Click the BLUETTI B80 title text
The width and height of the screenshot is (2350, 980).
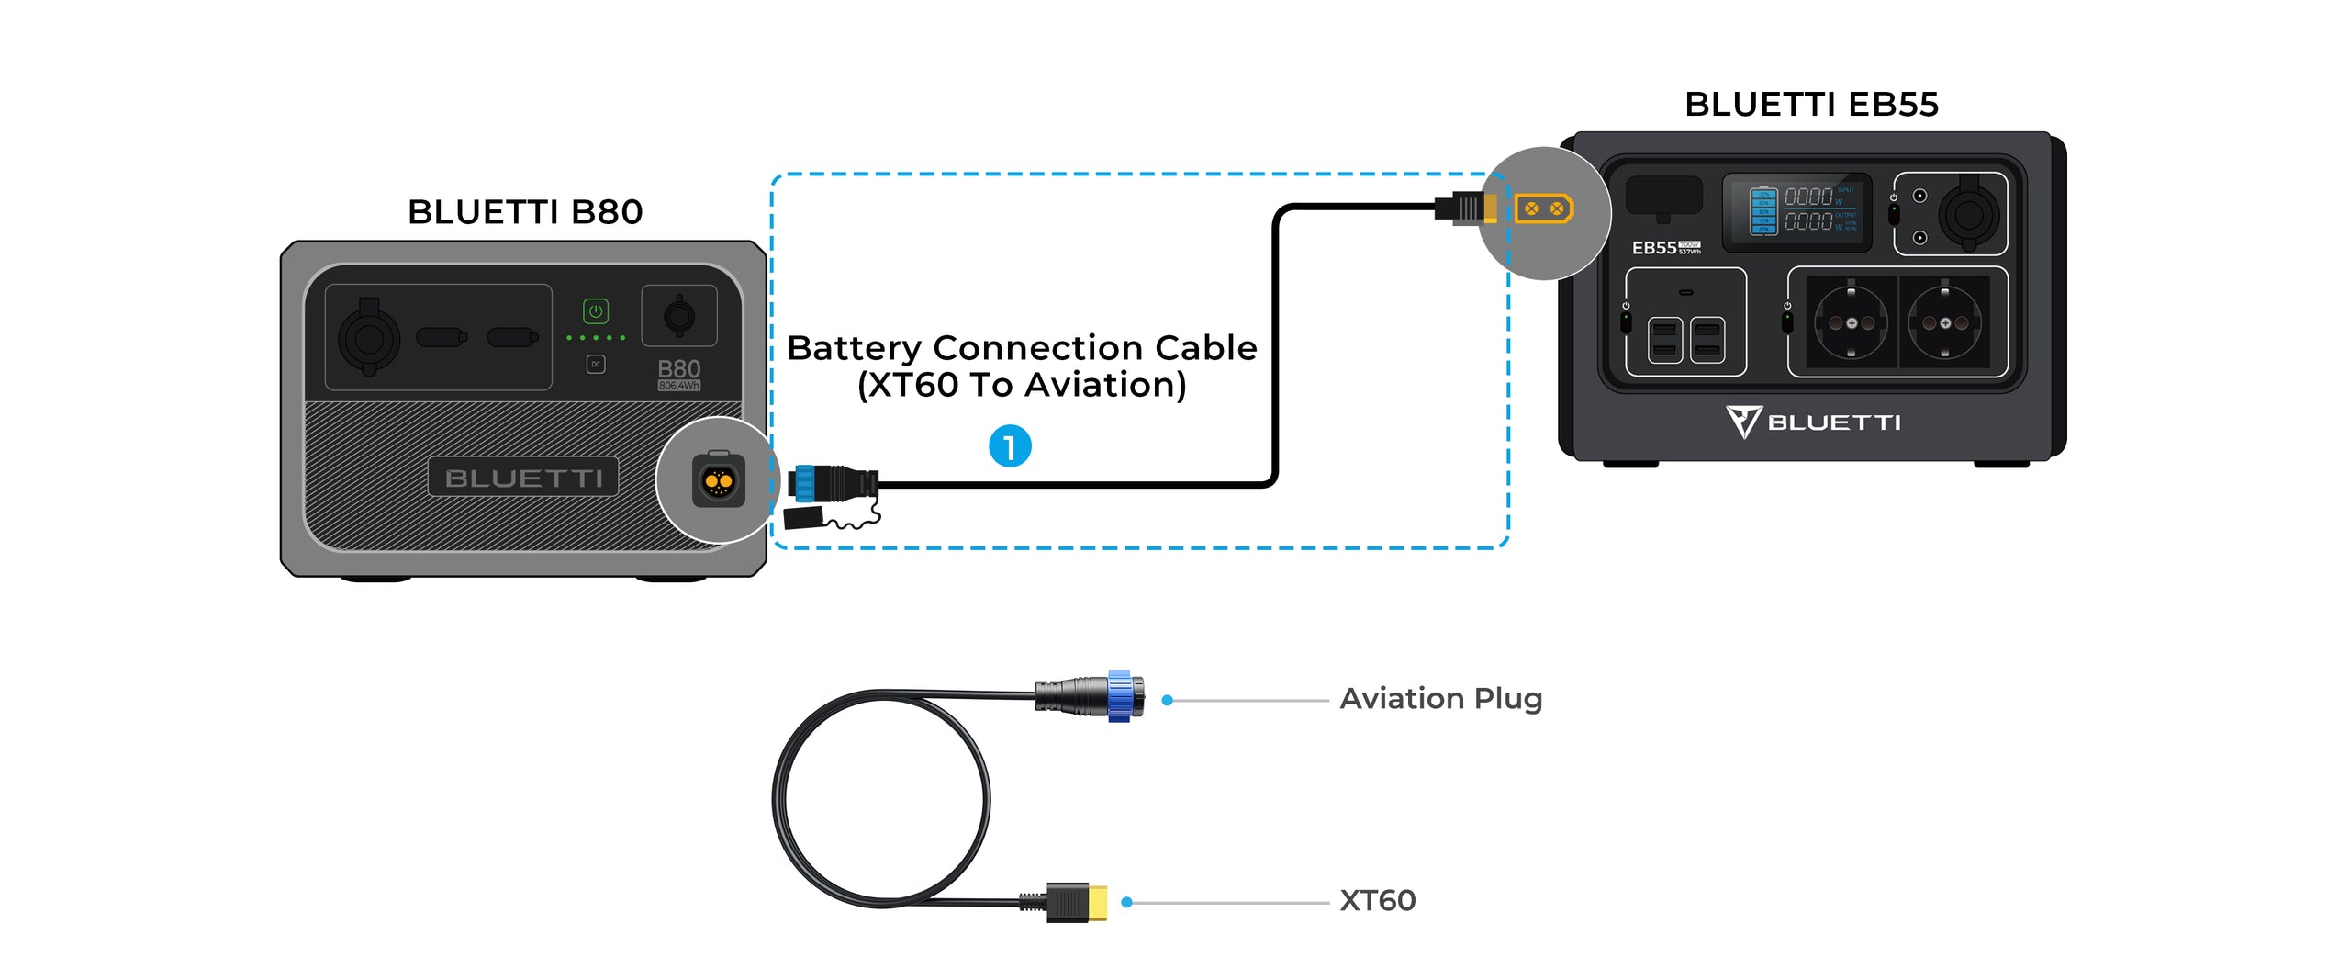[x=525, y=212]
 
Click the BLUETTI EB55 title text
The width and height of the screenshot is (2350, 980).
[x=1811, y=105]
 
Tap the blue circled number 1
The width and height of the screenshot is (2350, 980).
[x=1009, y=446]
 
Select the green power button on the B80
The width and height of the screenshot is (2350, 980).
[x=596, y=311]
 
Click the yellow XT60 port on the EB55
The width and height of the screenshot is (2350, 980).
[x=1544, y=208]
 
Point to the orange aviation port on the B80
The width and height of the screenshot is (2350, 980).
[x=718, y=480]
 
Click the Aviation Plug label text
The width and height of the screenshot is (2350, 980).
[x=1440, y=699]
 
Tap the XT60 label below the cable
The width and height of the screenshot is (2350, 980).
[x=1377, y=901]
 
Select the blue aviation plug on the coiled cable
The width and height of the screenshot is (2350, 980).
[x=1118, y=696]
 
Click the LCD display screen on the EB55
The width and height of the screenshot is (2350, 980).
[x=1796, y=212]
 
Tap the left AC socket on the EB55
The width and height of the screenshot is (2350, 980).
[x=1851, y=323]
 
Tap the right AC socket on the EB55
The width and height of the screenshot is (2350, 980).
[x=1944, y=323]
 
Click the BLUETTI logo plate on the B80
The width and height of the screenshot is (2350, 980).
[x=523, y=478]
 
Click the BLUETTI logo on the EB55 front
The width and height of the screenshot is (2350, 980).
[x=1813, y=422]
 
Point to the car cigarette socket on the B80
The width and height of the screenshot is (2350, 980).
[x=369, y=338]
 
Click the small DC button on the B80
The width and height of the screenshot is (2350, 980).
[x=596, y=365]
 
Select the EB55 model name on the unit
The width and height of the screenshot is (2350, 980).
[x=1654, y=248]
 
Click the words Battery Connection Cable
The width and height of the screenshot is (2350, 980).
[x=1022, y=348]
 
